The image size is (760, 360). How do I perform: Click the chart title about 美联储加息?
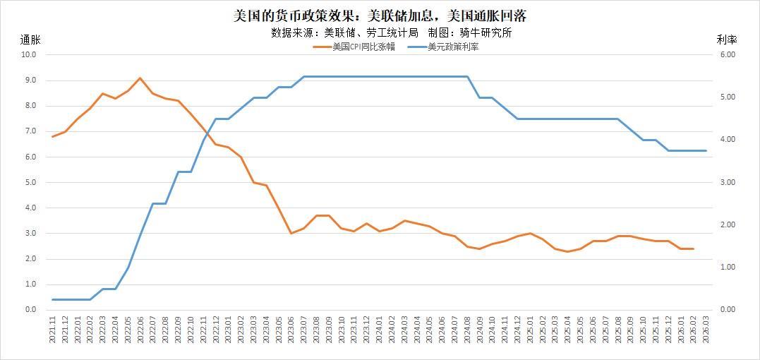[380, 16]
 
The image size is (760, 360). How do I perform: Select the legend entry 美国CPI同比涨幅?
[354, 47]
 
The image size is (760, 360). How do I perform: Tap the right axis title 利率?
[726, 40]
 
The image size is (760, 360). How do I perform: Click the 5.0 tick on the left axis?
[30, 182]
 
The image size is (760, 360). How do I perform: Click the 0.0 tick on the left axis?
[30, 310]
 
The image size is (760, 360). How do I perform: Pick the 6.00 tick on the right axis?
[727, 54]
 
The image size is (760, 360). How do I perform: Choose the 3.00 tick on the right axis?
[727, 182]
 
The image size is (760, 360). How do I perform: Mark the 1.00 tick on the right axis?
[727, 268]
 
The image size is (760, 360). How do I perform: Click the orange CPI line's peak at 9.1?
[140, 78]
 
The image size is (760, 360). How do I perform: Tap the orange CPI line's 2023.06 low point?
[291, 233]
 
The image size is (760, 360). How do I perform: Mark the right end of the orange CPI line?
[692, 248]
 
